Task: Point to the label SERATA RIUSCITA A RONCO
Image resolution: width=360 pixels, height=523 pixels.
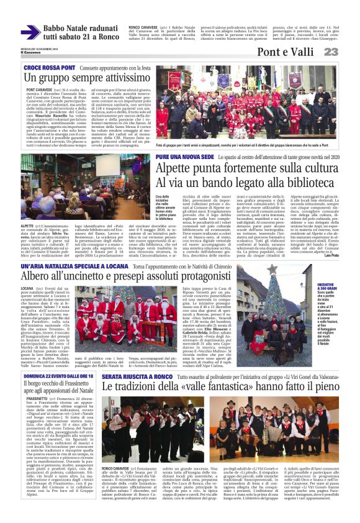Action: (x=138, y=360)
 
